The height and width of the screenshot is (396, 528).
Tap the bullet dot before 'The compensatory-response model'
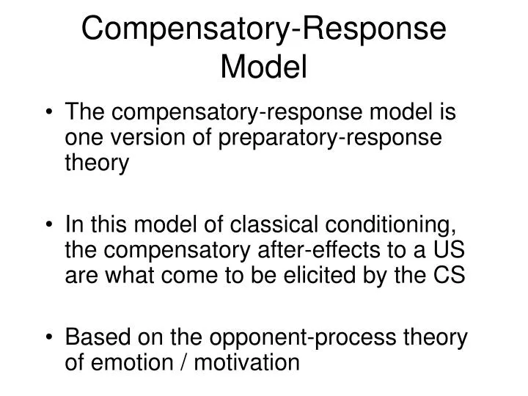click(x=52, y=113)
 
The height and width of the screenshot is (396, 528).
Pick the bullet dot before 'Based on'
click(x=52, y=338)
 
